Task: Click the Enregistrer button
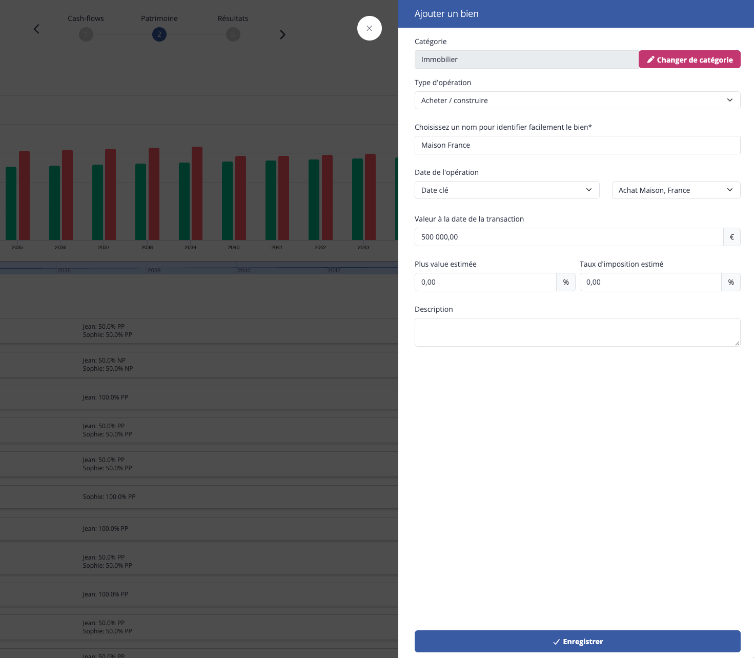pos(577,642)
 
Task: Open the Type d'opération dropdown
pos(577,101)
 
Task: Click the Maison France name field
pos(577,145)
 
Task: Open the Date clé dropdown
pos(507,190)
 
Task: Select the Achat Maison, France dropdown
pos(676,190)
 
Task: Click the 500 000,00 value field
pos(568,237)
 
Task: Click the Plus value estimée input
pos(485,282)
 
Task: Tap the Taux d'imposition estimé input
pos(650,282)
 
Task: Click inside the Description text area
pos(577,332)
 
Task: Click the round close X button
pos(369,28)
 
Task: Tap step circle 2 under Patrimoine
pos(159,34)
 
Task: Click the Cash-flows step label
pos(86,18)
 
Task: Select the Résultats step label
pos(233,18)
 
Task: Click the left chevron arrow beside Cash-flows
pos(36,29)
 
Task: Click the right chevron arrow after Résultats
pos(282,35)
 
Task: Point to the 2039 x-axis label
pos(190,247)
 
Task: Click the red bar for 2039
pos(197,193)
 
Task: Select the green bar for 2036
pos(54,203)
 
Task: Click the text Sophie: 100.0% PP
pos(109,496)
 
